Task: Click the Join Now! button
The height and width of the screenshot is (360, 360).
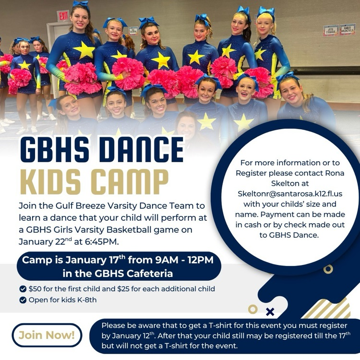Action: pos(47,335)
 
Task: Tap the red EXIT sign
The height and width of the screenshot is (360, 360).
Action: pos(63,15)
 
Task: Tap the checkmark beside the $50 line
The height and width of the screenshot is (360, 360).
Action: pos(23,289)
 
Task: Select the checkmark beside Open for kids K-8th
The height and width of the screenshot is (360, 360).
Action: pos(23,300)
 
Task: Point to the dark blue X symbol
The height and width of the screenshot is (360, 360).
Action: pos(270,312)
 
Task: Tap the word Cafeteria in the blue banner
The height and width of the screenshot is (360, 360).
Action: pos(151,274)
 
